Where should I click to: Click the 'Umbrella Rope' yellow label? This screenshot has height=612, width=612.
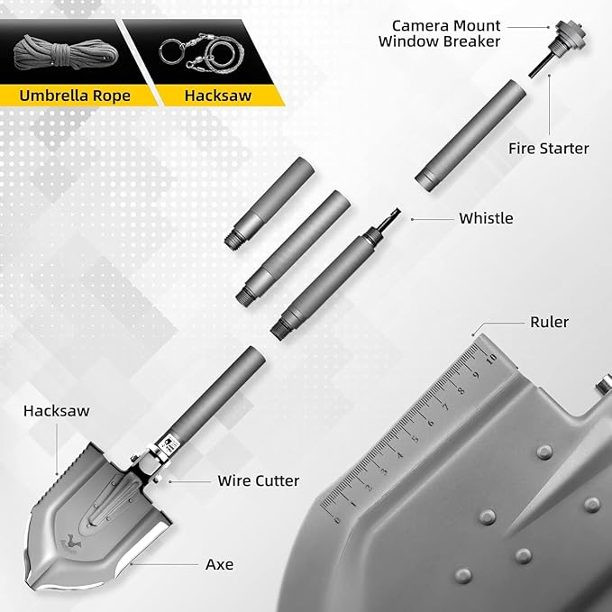coord(75,96)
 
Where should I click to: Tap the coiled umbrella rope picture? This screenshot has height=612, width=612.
coord(66,52)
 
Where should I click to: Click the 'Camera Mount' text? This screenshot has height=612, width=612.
coord(446,26)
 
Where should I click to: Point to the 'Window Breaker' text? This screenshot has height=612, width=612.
coord(439,41)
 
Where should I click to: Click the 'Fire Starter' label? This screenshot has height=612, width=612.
coord(548,149)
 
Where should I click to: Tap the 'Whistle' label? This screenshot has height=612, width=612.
coord(486,218)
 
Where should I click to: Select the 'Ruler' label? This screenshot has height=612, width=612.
coord(549,322)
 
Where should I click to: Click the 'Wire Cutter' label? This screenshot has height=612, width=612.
coord(259,481)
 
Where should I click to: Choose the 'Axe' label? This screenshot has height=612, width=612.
coord(219,564)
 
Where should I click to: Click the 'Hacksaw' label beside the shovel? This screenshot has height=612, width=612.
coord(56,411)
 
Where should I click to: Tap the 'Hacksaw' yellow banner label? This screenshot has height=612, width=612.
coord(218,96)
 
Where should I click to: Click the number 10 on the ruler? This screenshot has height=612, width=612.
coord(491,358)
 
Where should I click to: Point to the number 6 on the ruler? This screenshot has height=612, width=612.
coord(430,423)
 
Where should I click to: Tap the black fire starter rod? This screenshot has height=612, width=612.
coord(542,65)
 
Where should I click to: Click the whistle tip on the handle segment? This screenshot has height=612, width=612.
coord(392,218)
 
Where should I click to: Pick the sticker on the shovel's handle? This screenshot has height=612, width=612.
coord(169,446)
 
